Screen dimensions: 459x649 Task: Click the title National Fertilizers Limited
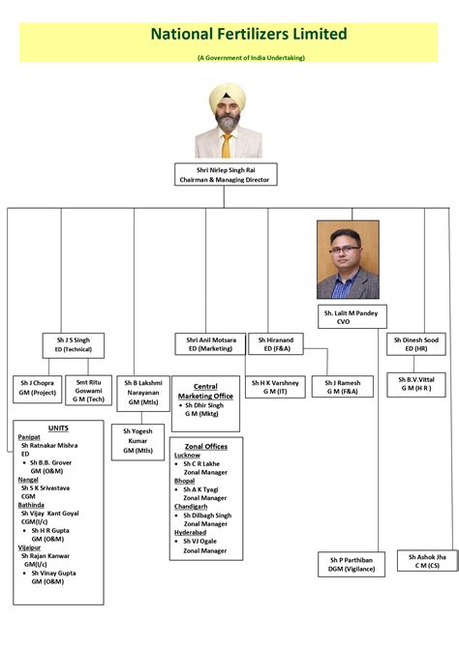[248, 34]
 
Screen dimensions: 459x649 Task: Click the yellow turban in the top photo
[227, 96]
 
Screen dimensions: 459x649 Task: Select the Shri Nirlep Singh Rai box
[227, 174]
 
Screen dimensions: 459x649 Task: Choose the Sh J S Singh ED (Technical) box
[73, 344]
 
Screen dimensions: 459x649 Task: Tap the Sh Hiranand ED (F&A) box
[276, 344]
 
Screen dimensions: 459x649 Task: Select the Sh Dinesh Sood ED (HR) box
[417, 344]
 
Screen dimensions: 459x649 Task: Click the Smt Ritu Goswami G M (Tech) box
[89, 390]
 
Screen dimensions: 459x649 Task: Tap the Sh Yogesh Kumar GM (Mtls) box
[142, 440]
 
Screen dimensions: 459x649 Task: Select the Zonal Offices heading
[205, 446]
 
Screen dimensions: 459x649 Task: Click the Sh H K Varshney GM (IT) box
[275, 387]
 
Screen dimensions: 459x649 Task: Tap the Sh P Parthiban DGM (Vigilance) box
[352, 565]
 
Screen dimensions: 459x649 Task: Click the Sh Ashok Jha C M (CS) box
[427, 562]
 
